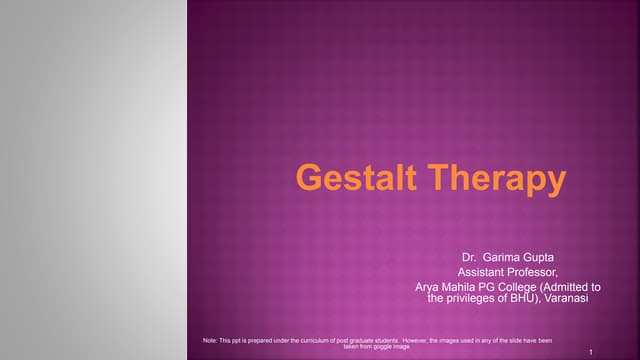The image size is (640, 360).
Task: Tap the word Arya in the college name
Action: point(429,286)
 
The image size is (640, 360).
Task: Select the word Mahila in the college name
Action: point(463,286)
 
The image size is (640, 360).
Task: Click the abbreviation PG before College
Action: point(494,286)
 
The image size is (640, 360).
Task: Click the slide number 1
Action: point(593,352)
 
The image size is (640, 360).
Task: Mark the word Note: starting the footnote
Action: point(208,340)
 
